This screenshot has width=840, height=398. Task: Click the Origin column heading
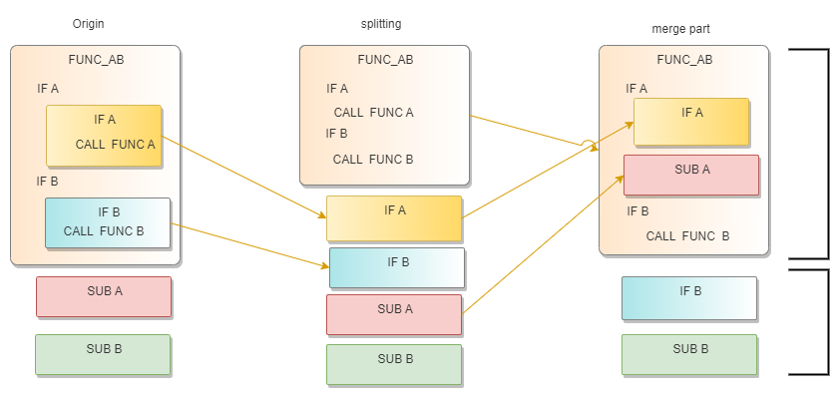point(89,23)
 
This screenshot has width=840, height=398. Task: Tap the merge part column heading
point(680,29)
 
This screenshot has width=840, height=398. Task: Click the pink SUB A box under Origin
point(104,296)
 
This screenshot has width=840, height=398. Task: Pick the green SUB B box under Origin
point(103,354)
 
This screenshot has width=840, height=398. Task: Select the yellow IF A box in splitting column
point(394,218)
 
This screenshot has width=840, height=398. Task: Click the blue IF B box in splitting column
point(397,267)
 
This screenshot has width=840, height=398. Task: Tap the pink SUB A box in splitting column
point(394,314)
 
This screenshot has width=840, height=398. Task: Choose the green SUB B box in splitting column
point(394,364)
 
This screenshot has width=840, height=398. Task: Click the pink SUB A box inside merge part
point(691,175)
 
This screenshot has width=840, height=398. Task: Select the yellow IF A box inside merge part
point(691,121)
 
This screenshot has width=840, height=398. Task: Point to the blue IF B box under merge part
point(688,298)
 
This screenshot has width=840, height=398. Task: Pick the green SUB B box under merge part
point(688,354)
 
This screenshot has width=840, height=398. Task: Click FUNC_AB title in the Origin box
point(96,60)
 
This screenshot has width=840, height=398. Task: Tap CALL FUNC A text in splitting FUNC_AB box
point(373,112)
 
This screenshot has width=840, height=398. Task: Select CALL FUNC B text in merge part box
point(687,236)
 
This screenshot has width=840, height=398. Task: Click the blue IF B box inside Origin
point(108,222)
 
